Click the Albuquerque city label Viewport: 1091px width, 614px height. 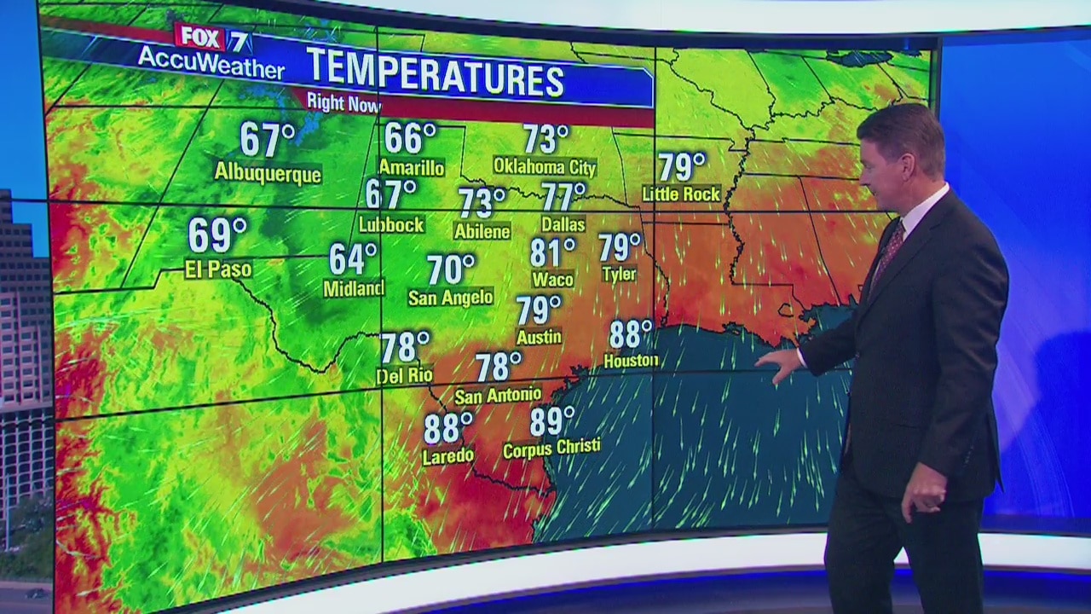tap(268, 173)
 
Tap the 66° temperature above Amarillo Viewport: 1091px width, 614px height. tap(410, 137)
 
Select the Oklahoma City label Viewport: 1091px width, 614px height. tap(545, 166)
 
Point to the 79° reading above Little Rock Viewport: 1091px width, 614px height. tap(682, 166)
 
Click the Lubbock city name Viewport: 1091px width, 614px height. tap(391, 225)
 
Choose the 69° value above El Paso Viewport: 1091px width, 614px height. tap(217, 235)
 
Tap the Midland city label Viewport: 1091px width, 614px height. tap(353, 289)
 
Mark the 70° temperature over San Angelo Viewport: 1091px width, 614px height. tap(451, 269)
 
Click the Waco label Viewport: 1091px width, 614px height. tap(552, 279)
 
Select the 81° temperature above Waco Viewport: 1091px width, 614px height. tap(552, 252)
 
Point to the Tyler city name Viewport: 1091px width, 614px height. tap(619, 275)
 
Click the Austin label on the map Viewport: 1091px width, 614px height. tap(539, 338)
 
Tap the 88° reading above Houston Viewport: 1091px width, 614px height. tap(631, 333)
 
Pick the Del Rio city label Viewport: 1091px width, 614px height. tap(404, 375)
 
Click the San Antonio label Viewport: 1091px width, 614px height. tap(498, 395)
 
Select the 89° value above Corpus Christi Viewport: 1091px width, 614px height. tap(551, 421)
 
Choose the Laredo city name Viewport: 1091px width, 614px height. tap(447, 456)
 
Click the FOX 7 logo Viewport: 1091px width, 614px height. tap(200, 37)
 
